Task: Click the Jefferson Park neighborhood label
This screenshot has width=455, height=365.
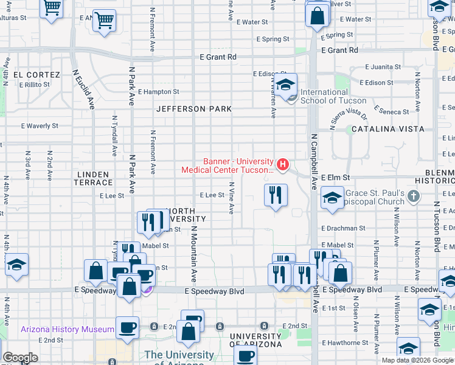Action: (x=194, y=109)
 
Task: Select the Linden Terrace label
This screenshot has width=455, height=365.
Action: (x=94, y=178)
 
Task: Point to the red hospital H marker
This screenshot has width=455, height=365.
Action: (x=282, y=164)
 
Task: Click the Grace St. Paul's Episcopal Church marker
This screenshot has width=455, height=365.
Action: (x=414, y=196)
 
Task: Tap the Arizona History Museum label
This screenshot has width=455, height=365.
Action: (x=68, y=329)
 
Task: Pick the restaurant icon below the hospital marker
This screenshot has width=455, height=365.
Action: (x=276, y=195)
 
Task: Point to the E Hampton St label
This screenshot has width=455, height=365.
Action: (x=158, y=92)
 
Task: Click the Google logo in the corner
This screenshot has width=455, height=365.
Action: (x=20, y=358)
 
